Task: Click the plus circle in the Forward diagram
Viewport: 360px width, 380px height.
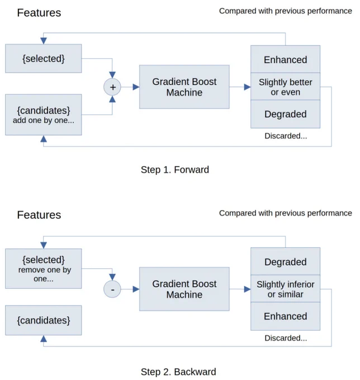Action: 112,87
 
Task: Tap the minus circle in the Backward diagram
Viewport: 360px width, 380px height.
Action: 112,289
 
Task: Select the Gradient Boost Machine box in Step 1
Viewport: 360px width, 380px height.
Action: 184,87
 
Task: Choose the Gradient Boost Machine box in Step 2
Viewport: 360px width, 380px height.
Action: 184,289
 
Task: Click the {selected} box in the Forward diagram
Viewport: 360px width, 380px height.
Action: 44,59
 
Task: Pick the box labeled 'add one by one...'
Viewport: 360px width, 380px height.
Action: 44,115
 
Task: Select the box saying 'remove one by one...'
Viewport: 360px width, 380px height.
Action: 44,269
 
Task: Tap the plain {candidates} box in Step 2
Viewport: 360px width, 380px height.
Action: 44,320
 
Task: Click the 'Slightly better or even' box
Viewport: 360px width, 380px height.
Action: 285,87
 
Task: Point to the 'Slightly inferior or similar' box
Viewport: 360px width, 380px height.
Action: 285,289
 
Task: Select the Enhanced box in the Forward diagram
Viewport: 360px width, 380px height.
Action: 285,59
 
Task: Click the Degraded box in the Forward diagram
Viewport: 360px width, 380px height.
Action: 285,114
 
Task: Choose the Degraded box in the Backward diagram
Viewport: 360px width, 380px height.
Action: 285,262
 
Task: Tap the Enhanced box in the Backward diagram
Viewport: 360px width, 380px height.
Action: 285,316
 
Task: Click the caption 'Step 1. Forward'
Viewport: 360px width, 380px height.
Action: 175,170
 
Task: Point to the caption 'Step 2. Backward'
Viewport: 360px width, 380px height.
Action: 178,372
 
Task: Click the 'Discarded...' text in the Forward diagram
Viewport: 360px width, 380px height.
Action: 286,136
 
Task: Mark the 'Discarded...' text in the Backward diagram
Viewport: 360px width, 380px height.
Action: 286,338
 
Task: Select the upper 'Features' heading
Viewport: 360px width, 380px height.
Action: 39,13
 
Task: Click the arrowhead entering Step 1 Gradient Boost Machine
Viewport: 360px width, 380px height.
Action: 136,87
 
